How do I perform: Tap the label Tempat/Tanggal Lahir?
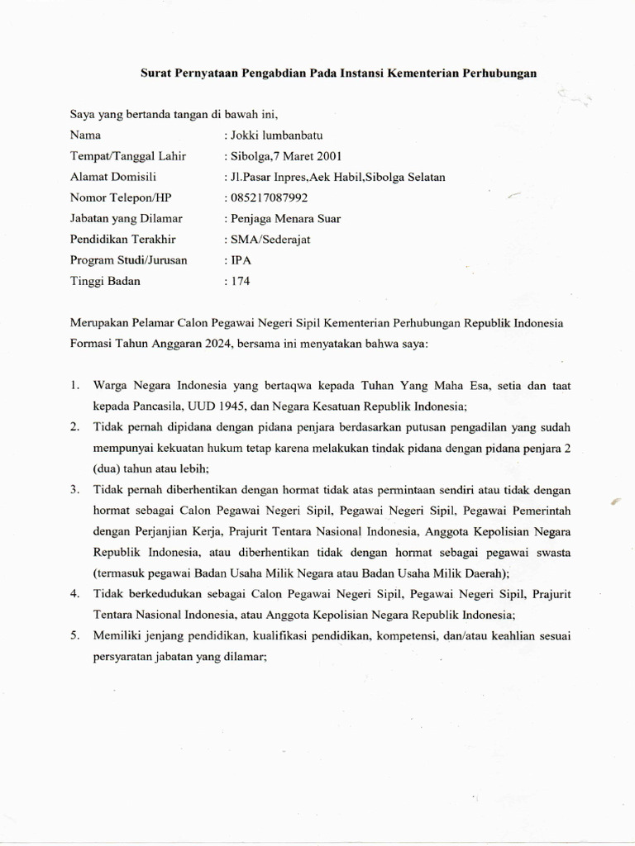(x=128, y=155)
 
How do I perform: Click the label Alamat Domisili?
(x=113, y=176)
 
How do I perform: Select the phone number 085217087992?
(x=269, y=197)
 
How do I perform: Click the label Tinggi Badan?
(x=105, y=281)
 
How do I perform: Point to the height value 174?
(x=240, y=281)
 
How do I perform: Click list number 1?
(x=74, y=385)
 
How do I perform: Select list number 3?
(x=74, y=489)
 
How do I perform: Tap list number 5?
(x=74, y=635)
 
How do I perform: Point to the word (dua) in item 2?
(x=85, y=468)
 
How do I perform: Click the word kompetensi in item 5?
(x=408, y=635)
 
